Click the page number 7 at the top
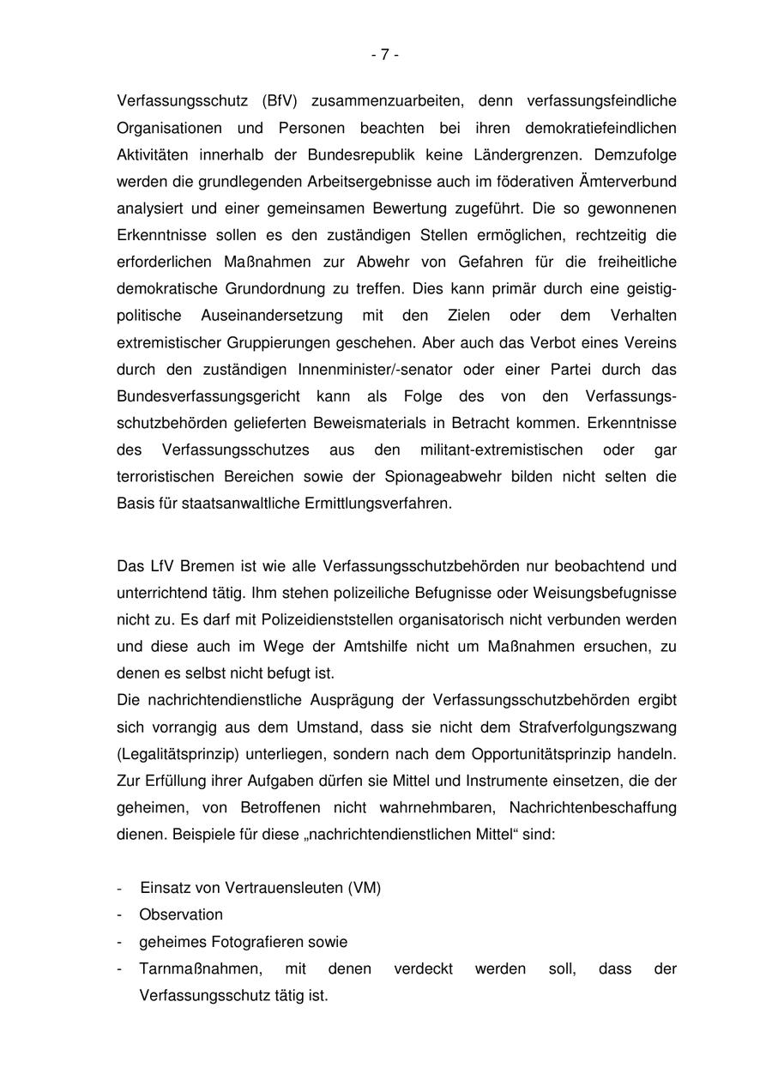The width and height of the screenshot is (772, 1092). pyautogui.click(x=385, y=55)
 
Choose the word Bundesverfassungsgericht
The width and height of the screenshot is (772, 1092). pyautogui.click(x=208, y=396)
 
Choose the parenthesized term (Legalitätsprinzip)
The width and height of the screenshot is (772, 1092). pyautogui.click(x=178, y=754)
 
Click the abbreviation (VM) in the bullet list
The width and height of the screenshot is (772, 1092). pyautogui.click(x=365, y=888)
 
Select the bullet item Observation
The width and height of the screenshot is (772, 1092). pyautogui.click(x=181, y=914)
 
